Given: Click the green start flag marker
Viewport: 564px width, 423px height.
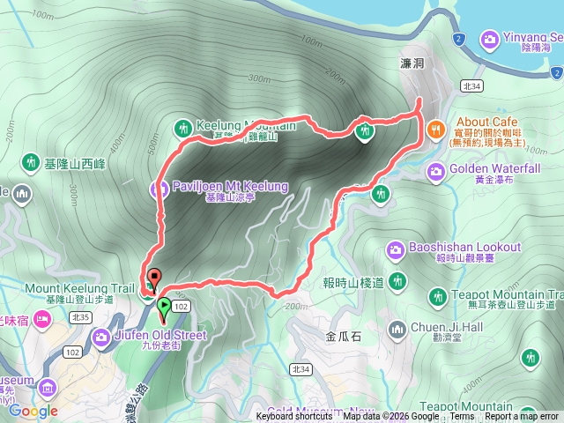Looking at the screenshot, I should pos(164,307).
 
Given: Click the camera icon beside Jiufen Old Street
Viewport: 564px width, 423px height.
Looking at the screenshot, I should pos(102,336).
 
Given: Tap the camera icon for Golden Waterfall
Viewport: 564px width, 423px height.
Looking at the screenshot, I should pos(435,169).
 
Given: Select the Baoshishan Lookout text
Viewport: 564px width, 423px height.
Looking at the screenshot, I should pos(465,248).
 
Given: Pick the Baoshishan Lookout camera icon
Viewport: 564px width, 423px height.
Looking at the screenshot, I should pos(397,249).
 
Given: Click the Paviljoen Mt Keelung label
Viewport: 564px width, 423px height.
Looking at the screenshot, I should pos(219,187).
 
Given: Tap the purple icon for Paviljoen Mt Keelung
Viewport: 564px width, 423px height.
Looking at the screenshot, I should pos(159,187).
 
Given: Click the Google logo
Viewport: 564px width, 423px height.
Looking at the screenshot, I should pos(33,411).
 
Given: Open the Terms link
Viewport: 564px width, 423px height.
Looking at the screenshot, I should pos(462,417).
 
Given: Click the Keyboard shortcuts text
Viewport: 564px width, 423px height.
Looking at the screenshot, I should pos(294,417).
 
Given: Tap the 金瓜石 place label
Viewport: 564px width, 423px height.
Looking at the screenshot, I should pos(344,336).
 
